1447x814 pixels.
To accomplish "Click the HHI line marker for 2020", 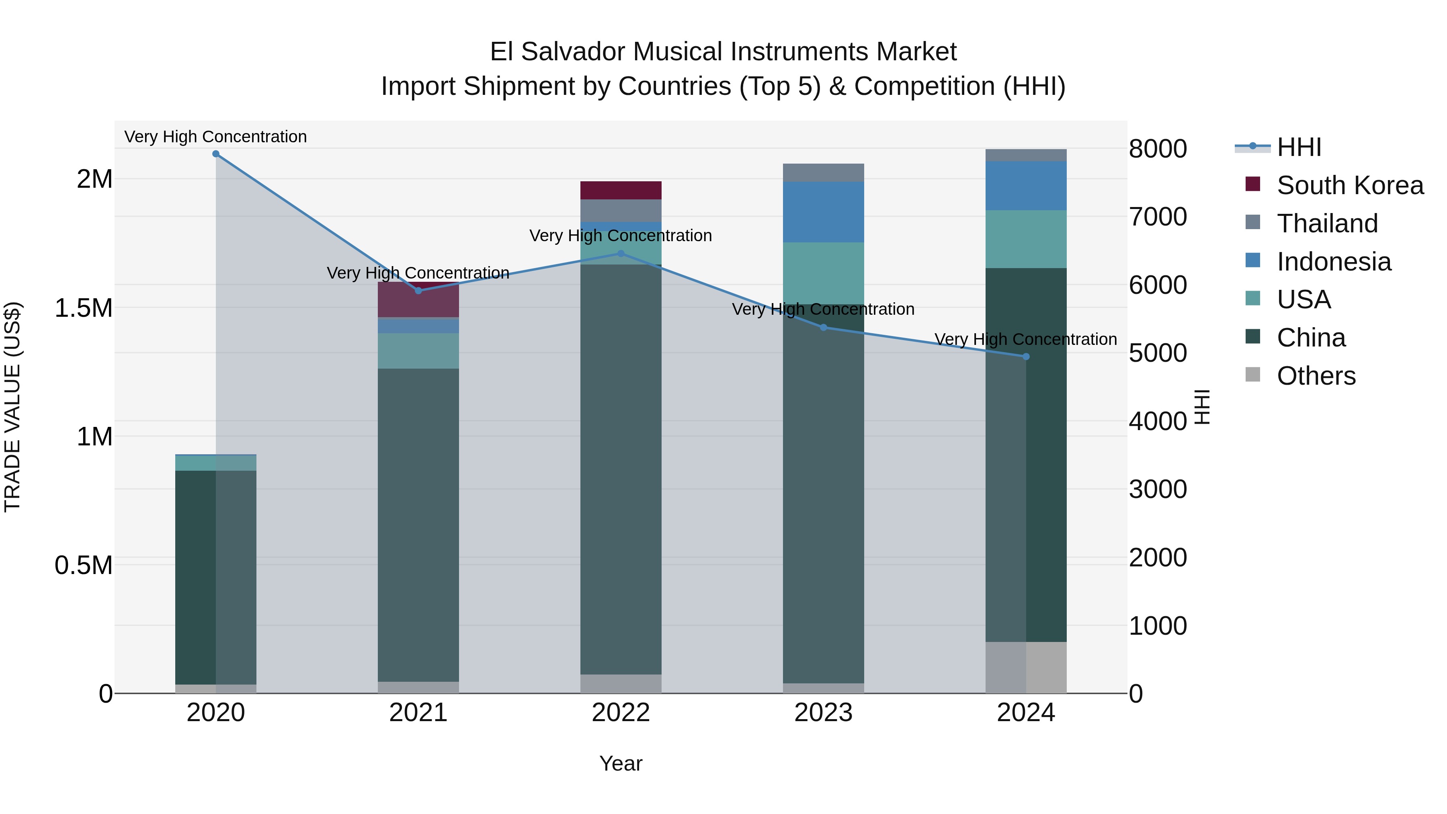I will tap(216, 154).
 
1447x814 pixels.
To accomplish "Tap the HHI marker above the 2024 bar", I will tap(1026, 357).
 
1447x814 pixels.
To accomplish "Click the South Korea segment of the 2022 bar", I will tap(621, 191).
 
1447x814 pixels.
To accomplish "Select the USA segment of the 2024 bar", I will tap(1026, 239).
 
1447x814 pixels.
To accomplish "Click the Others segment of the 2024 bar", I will tap(1026, 667).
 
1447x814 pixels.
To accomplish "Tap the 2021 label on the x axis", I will tap(418, 713).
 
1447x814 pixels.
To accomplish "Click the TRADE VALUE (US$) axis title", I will tap(13, 407).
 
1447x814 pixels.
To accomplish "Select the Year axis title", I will tap(621, 763).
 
